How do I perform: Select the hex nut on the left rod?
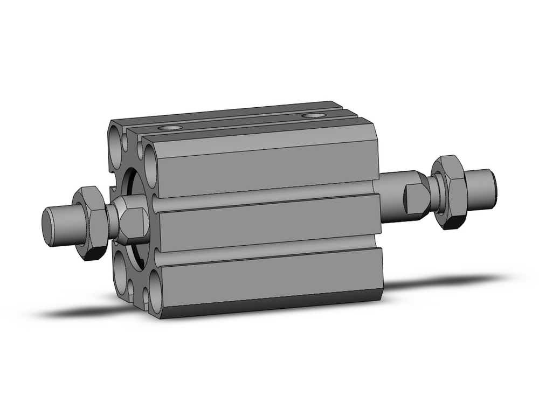point(88,222)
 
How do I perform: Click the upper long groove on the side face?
point(264,196)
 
